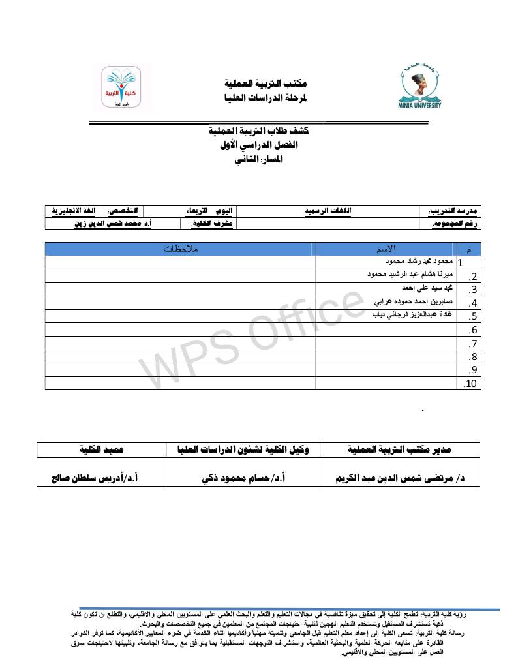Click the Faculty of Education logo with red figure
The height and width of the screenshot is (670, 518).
click(121, 89)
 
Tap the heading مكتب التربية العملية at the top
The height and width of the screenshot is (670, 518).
click(264, 84)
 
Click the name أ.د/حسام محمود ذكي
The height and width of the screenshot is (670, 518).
click(244, 478)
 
